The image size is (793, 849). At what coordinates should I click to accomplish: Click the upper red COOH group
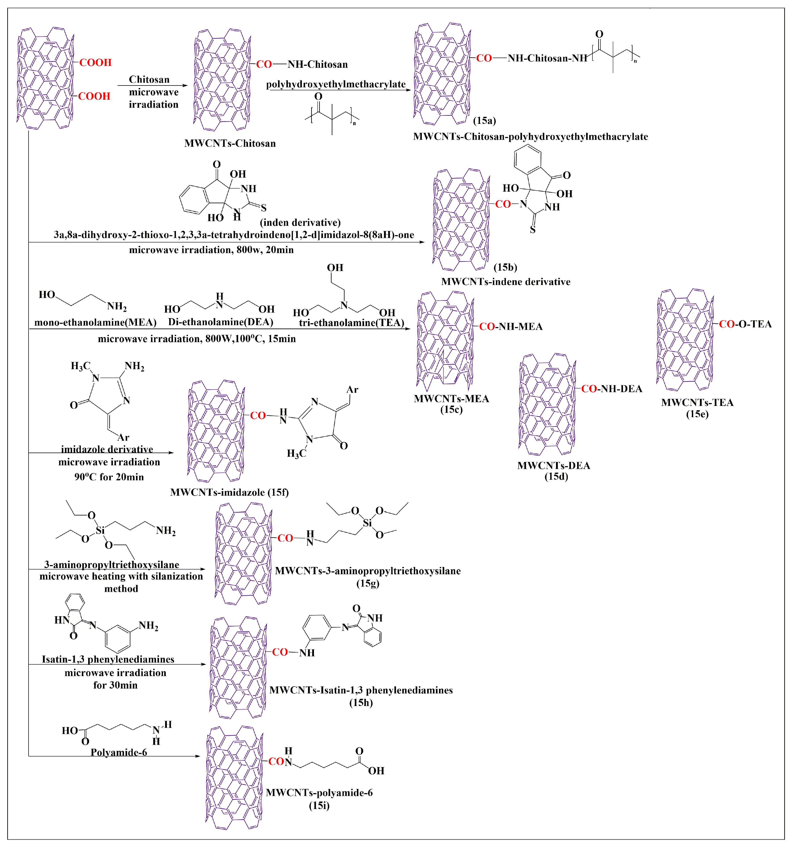coord(95,63)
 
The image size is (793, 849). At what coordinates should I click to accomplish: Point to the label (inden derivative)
coord(300,222)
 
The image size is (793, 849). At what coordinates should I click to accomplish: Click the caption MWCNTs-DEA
coord(554,466)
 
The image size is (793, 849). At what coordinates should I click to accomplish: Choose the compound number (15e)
coord(697,414)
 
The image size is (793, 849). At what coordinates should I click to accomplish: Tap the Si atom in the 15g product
coord(367,523)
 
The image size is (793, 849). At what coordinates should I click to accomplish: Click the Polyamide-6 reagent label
coord(119,752)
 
